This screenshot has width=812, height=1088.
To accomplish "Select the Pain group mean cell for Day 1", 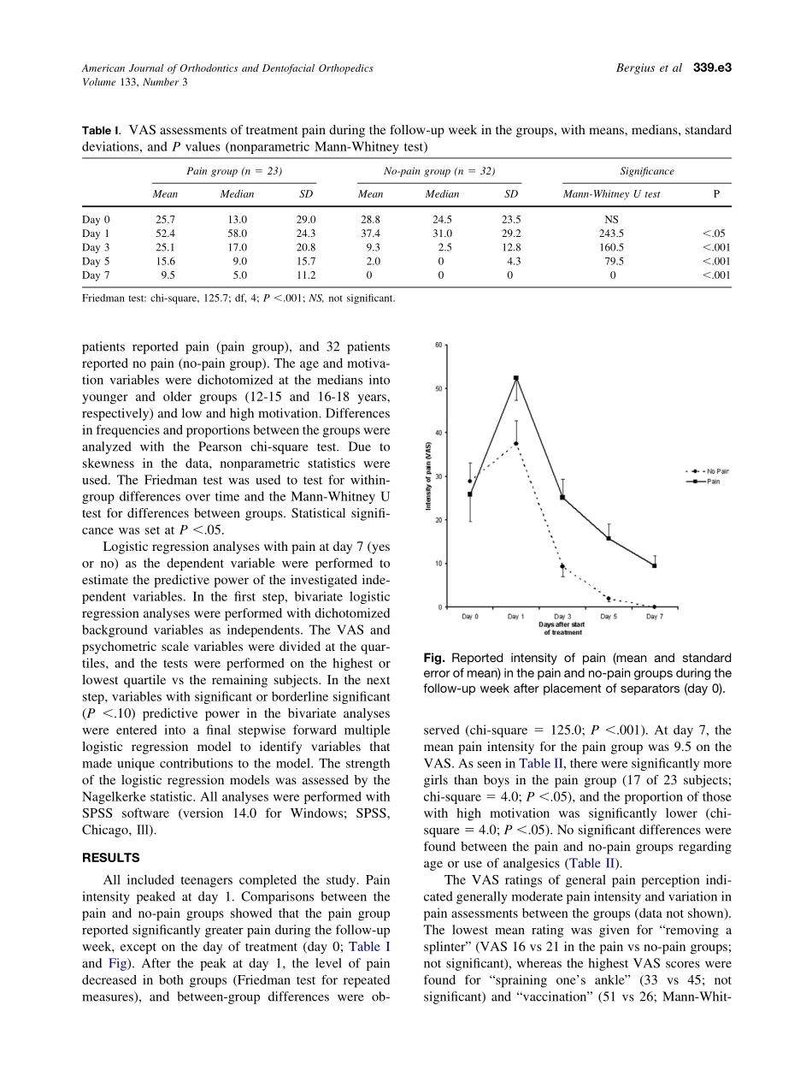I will click(165, 233).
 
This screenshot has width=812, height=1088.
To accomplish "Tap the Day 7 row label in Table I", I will click(96, 275).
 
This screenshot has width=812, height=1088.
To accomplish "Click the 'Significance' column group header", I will click(647, 171).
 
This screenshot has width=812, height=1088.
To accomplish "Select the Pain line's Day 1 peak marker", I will click(516, 378).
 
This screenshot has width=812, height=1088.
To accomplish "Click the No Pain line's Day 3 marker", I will click(562, 566).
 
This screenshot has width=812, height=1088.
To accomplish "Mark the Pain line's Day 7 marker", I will click(654, 565).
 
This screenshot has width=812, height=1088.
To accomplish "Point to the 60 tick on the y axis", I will click(438, 346).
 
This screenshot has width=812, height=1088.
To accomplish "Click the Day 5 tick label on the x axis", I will click(608, 617).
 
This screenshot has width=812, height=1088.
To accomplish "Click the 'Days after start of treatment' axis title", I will click(562, 629).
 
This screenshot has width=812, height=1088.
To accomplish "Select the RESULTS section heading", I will click(110, 858).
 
